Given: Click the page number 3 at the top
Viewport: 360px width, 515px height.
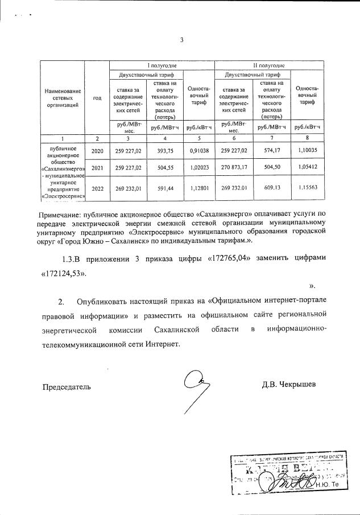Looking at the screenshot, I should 181,40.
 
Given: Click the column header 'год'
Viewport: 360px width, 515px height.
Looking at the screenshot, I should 97,97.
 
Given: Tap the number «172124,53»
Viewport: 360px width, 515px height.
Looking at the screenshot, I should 64,273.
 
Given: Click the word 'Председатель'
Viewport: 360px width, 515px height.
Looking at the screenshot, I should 67,387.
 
